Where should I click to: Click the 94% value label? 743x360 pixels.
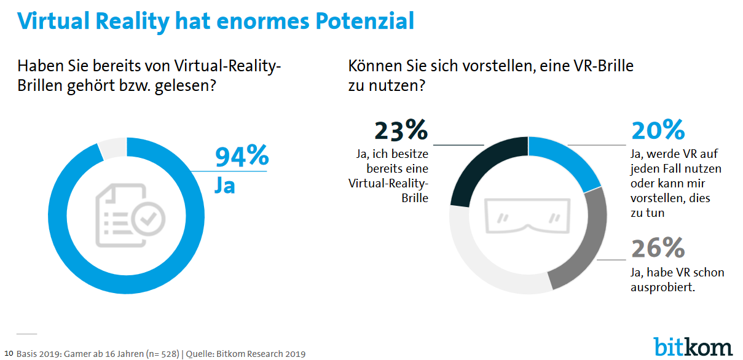pyautogui.click(x=242, y=157)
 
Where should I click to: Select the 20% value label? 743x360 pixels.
pyautogui.click(x=658, y=131)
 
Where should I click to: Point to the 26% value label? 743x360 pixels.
pyautogui.click(x=658, y=248)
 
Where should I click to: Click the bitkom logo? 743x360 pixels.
pyautogui.click(x=693, y=345)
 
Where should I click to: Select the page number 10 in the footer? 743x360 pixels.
pyautogui.click(x=9, y=353)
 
